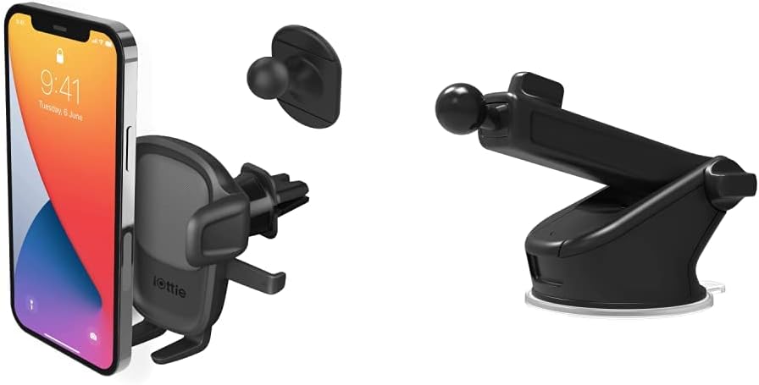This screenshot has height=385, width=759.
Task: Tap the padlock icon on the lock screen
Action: (59, 54)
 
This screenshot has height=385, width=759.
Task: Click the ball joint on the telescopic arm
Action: (457, 108)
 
